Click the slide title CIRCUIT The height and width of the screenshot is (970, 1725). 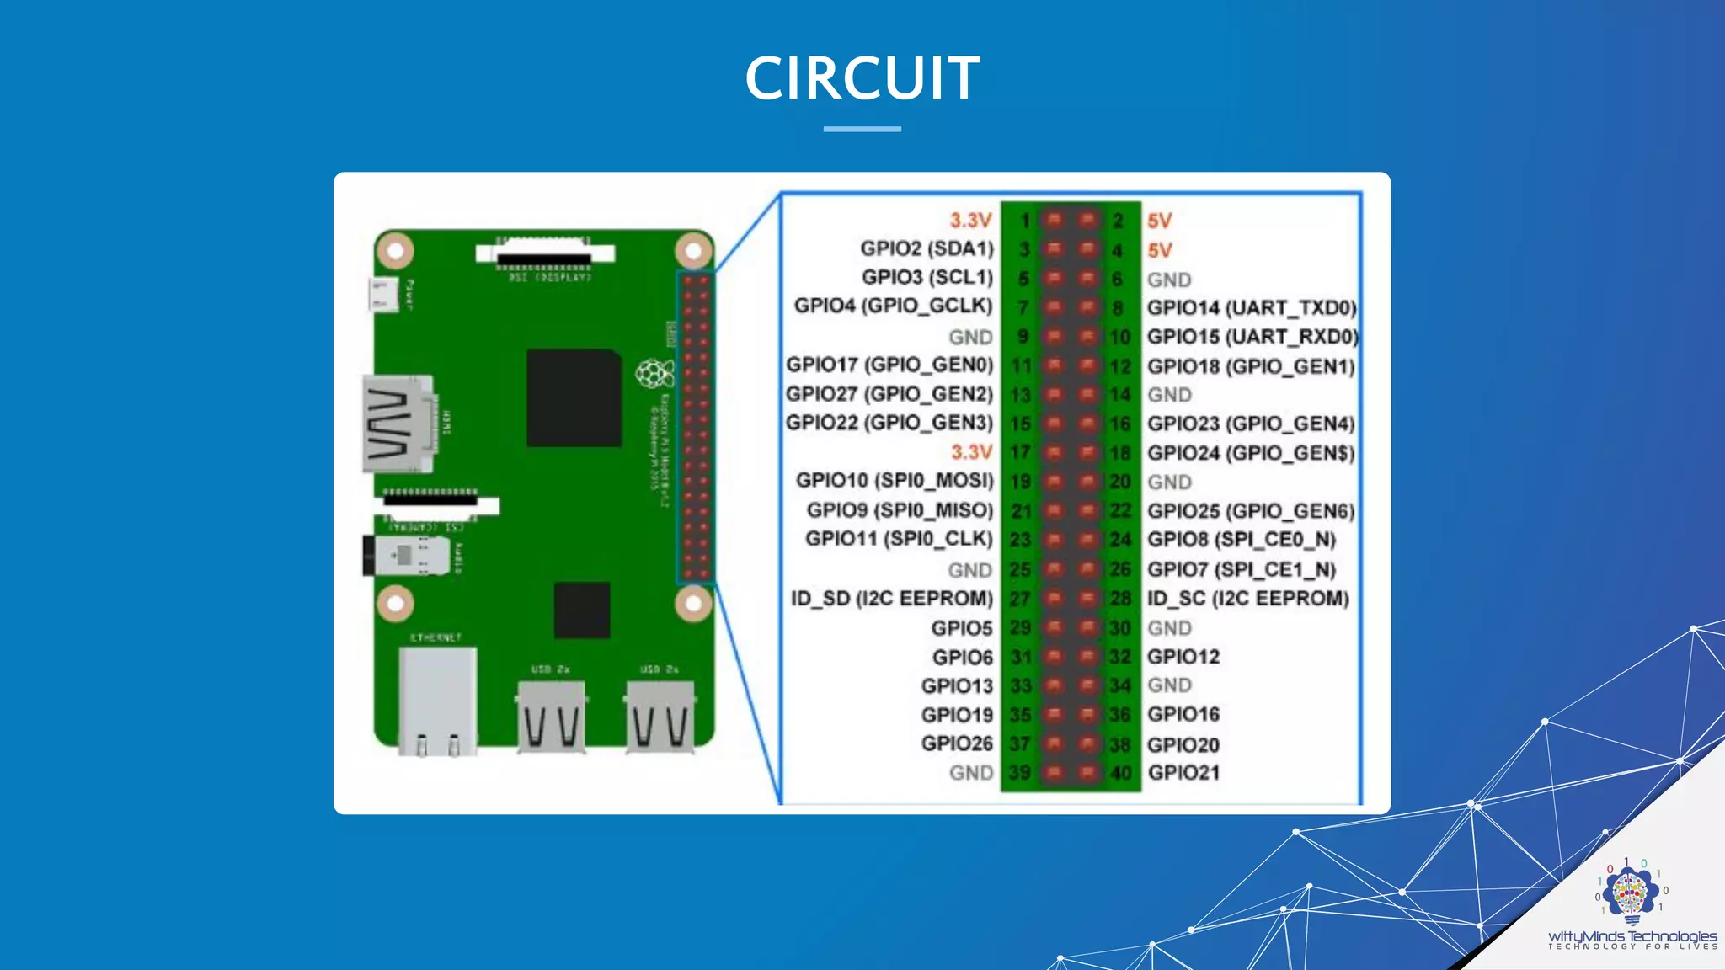coord(862,77)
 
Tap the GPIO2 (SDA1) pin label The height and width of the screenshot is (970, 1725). coord(927,248)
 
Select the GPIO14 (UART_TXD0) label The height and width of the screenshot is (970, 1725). coord(1252,308)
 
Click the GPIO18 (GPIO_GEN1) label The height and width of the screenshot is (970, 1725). coord(1251,366)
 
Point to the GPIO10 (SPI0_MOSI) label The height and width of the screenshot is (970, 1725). coord(895,480)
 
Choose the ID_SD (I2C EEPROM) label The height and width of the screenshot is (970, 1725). coord(891,599)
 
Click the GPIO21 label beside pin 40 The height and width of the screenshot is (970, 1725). coord(1183,772)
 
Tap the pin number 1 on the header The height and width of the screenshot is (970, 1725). coord(1024,221)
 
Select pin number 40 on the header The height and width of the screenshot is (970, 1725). coord(1120,773)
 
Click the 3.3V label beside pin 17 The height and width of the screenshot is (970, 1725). coord(971,452)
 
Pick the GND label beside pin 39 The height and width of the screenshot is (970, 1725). coord(970,773)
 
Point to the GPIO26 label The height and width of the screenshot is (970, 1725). coord(957,743)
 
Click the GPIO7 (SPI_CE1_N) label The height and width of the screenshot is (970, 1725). coord(1242,570)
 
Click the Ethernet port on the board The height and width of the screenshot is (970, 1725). coord(437,698)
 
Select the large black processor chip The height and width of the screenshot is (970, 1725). coord(573,398)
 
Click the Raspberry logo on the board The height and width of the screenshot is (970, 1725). coord(654,373)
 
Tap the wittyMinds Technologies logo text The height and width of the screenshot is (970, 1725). coord(1632,936)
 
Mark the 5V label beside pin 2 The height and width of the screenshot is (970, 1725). coord(1159,221)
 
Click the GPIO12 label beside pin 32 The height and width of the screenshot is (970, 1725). coord(1183,657)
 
